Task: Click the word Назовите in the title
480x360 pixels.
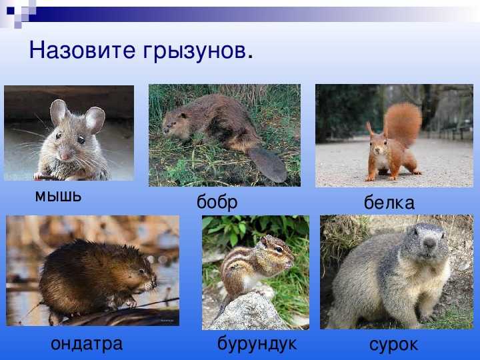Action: pos(82,50)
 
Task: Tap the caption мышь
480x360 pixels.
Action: pos(58,196)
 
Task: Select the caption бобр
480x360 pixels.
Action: pos(217,202)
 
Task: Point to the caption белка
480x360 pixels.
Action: pos(389,203)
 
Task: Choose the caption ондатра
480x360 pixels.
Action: pos(87,344)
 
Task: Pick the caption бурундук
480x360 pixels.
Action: pos(257,344)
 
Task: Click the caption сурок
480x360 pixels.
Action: pos(393,345)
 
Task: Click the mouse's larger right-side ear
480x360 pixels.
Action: pos(95,119)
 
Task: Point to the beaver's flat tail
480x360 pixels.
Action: pos(267,164)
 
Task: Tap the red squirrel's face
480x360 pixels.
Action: pos(378,146)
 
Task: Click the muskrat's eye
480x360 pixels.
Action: pos(142,271)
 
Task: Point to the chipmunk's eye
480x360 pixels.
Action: pos(279,249)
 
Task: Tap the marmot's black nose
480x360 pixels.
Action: pos(429,243)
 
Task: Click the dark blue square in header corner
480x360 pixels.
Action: pos(11,11)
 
